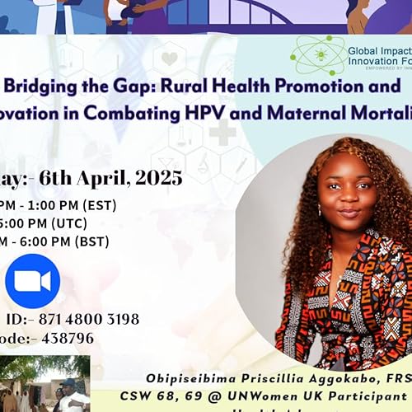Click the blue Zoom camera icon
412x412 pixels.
32,281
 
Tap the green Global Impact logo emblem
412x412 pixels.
317,55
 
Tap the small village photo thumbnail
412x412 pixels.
44,384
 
